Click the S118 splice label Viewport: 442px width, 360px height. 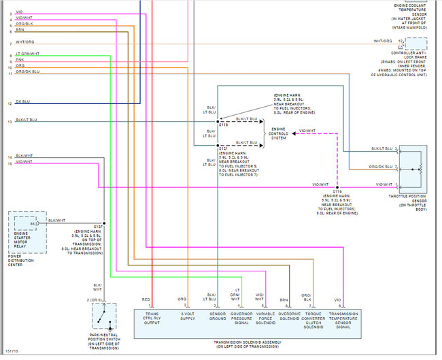(x=223, y=125)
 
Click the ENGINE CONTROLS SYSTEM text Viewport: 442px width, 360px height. (x=279, y=133)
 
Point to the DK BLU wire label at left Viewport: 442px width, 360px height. (x=22, y=102)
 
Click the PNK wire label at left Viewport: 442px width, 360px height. (x=20, y=59)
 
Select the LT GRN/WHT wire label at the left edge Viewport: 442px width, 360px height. (x=27, y=53)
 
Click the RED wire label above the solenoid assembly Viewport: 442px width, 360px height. (x=146, y=299)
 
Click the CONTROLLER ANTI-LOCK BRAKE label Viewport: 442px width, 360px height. (x=410, y=55)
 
